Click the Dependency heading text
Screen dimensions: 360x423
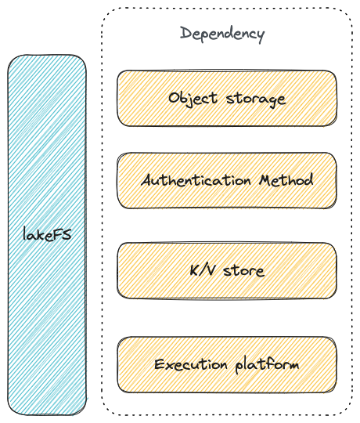[x=222, y=34]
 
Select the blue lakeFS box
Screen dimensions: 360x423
[x=47, y=235]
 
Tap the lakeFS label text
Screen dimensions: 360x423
[x=47, y=234]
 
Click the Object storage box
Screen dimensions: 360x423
[x=227, y=98]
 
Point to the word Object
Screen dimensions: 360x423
[x=193, y=98]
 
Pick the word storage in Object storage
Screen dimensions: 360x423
[x=256, y=99]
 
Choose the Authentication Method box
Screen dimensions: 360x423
[x=227, y=180]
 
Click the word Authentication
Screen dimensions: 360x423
[x=196, y=180]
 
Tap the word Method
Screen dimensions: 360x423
[x=286, y=179]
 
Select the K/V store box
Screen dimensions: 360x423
[x=227, y=270]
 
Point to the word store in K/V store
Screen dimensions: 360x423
[x=244, y=270]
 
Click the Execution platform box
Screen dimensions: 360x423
[x=227, y=364]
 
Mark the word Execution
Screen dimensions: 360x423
[x=191, y=364]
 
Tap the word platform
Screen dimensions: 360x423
[x=268, y=365]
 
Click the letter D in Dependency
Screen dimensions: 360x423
[x=185, y=33]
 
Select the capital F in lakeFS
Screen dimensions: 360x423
[x=57, y=234]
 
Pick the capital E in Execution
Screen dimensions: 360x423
[x=159, y=364]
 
